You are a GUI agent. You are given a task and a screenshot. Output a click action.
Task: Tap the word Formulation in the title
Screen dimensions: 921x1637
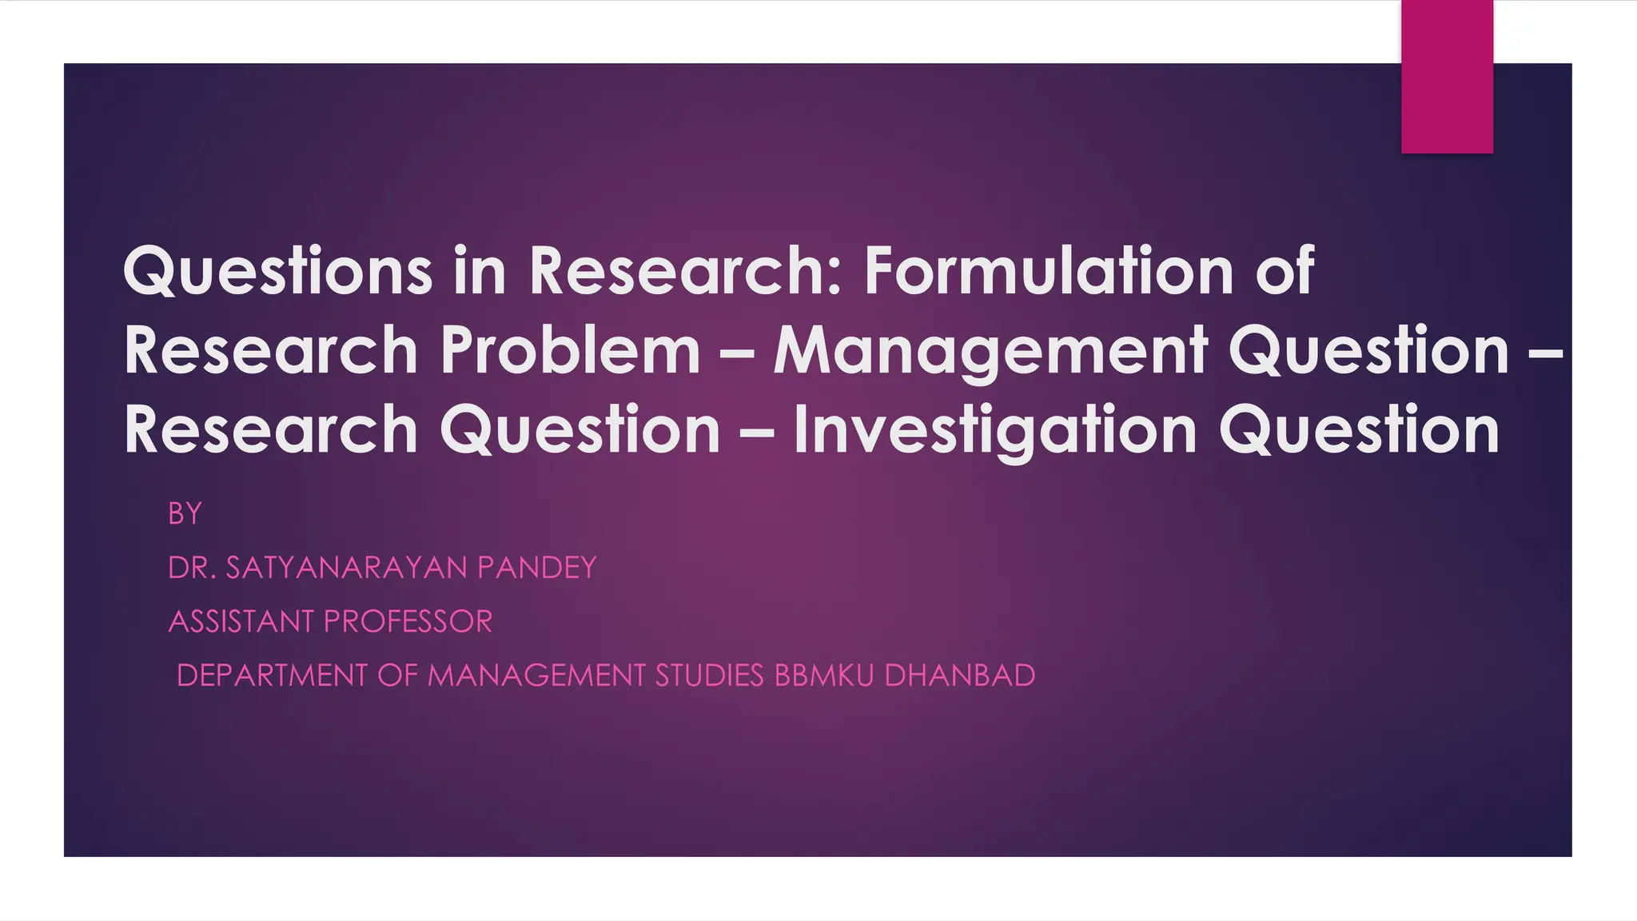tap(1049, 271)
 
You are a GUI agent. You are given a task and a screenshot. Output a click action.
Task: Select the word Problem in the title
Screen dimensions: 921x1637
tap(571, 350)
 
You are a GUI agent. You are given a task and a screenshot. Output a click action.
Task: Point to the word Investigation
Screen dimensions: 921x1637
tap(995, 430)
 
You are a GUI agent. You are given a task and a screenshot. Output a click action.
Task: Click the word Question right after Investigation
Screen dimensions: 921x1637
tap(1359, 430)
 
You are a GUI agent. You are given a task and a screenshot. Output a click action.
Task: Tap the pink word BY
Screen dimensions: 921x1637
tap(185, 514)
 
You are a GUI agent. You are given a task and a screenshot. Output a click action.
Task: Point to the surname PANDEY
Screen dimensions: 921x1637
tap(536, 568)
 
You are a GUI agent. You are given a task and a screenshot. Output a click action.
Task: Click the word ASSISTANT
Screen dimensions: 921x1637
tap(241, 622)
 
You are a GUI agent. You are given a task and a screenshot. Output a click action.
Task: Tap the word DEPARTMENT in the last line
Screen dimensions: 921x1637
tap(272, 676)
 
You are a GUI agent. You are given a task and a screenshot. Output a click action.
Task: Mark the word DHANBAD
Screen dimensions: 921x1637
tap(959, 676)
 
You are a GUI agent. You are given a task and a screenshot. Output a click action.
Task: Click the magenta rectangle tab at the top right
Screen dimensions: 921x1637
tap(1447, 76)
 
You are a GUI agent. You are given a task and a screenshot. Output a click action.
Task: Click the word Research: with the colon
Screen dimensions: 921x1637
tap(686, 271)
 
